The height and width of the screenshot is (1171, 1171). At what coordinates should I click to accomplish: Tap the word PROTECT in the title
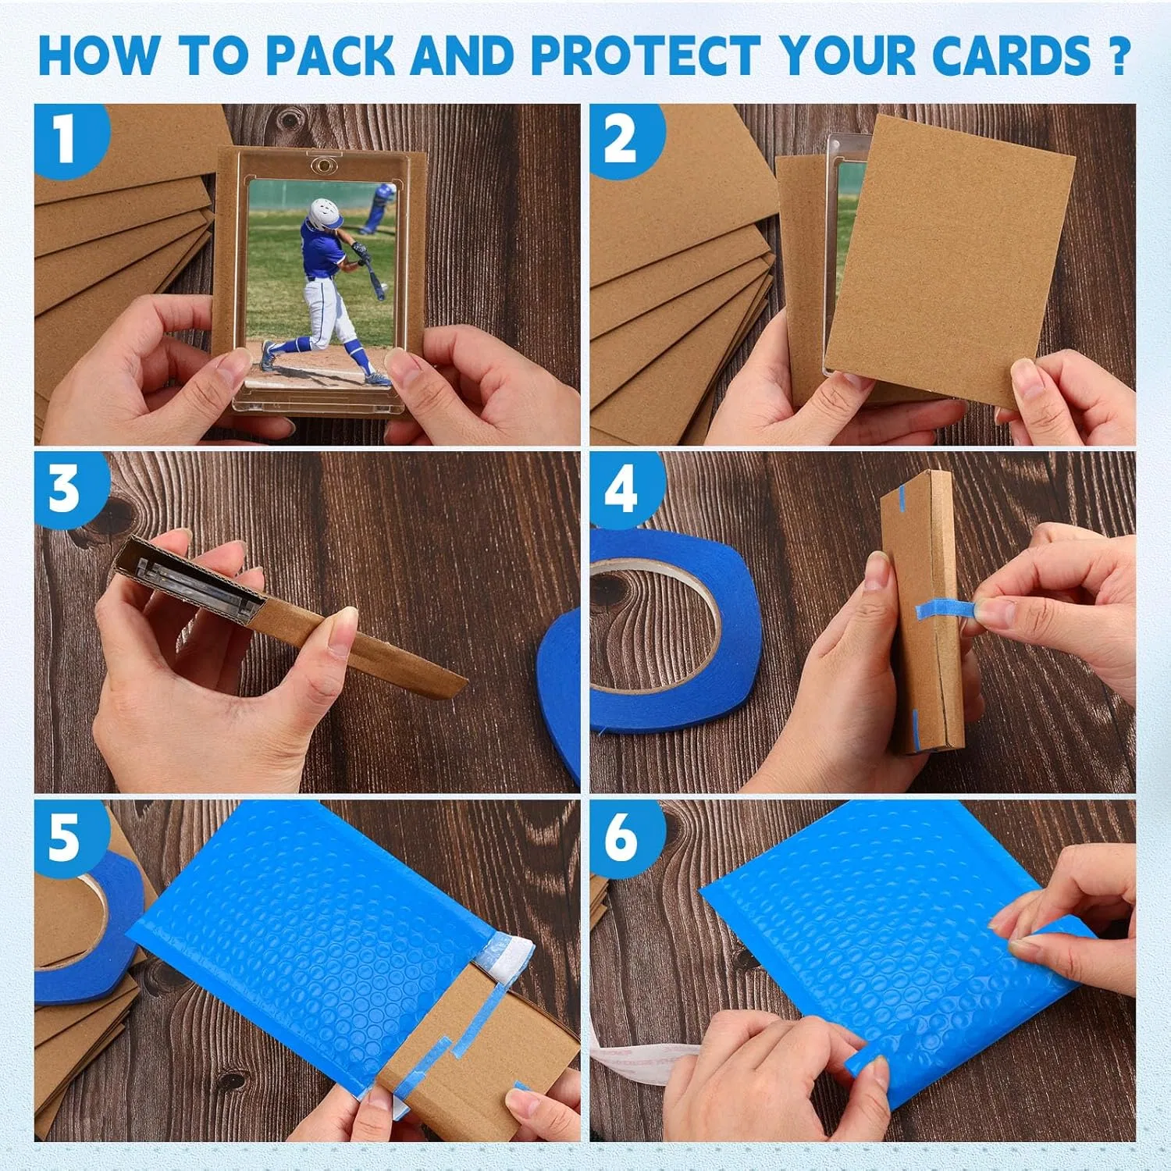point(646,55)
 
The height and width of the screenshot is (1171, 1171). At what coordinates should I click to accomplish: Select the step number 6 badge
point(622,838)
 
